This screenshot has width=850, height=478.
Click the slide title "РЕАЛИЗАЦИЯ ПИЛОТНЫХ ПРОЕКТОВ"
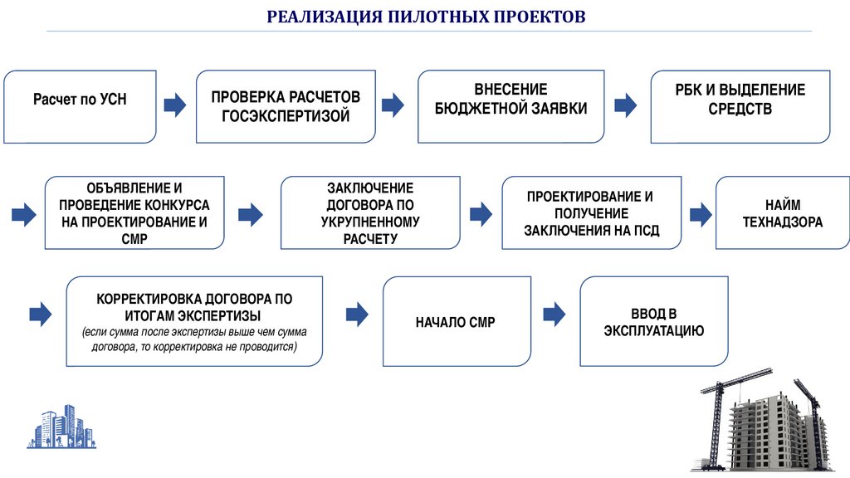(426, 17)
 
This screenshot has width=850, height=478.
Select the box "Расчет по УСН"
(81, 106)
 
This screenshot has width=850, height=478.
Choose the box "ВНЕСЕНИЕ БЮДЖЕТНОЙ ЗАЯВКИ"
(511, 106)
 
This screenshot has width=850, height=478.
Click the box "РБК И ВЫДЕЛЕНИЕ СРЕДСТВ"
(740, 106)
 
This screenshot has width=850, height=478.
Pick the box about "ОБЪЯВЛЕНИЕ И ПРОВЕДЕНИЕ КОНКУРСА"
(134, 213)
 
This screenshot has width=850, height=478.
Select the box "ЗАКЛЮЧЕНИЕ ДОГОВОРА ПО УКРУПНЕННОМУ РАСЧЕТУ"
(370, 213)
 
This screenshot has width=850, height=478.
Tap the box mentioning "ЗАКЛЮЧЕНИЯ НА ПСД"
(591, 213)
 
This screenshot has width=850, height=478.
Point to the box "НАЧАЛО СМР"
(456, 321)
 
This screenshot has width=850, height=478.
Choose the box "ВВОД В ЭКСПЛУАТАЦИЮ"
(653, 321)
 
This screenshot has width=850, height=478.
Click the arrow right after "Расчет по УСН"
(175, 105)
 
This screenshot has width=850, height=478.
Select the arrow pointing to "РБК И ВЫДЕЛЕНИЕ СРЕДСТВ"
(625, 105)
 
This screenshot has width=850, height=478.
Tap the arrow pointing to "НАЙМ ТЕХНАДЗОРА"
(700, 215)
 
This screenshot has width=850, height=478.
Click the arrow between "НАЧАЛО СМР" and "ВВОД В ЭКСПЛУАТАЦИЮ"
(554, 314)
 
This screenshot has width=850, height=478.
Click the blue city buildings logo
(61, 427)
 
